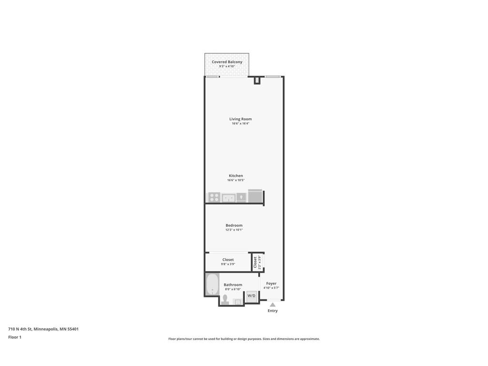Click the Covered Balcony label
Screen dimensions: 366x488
[x=227, y=62]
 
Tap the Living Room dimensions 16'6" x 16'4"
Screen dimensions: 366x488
[x=240, y=123]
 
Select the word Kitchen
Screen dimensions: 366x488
[x=235, y=176]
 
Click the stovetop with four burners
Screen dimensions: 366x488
[x=214, y=197]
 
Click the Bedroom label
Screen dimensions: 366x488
[x=234, y=225]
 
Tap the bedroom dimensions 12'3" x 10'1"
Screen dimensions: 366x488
[x=234, y=230]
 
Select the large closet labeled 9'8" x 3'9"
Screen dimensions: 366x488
[x=228, y=262]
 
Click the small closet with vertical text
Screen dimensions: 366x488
[x=257, y=262]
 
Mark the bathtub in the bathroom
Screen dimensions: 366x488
[x=212, y=285]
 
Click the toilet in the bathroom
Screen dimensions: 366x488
[x=225, y=300]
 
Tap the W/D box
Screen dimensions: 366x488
[x=251, y=296]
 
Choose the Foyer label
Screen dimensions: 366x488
[x=271, y=284]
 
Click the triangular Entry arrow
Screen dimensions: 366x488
[x=273, y=305]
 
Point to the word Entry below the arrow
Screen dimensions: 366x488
[x=273, y=311]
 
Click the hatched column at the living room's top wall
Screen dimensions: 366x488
[x=257, y=81]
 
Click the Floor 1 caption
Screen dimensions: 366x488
[x=15, y=337]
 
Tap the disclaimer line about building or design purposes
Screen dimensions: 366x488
[x=244, y=339]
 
